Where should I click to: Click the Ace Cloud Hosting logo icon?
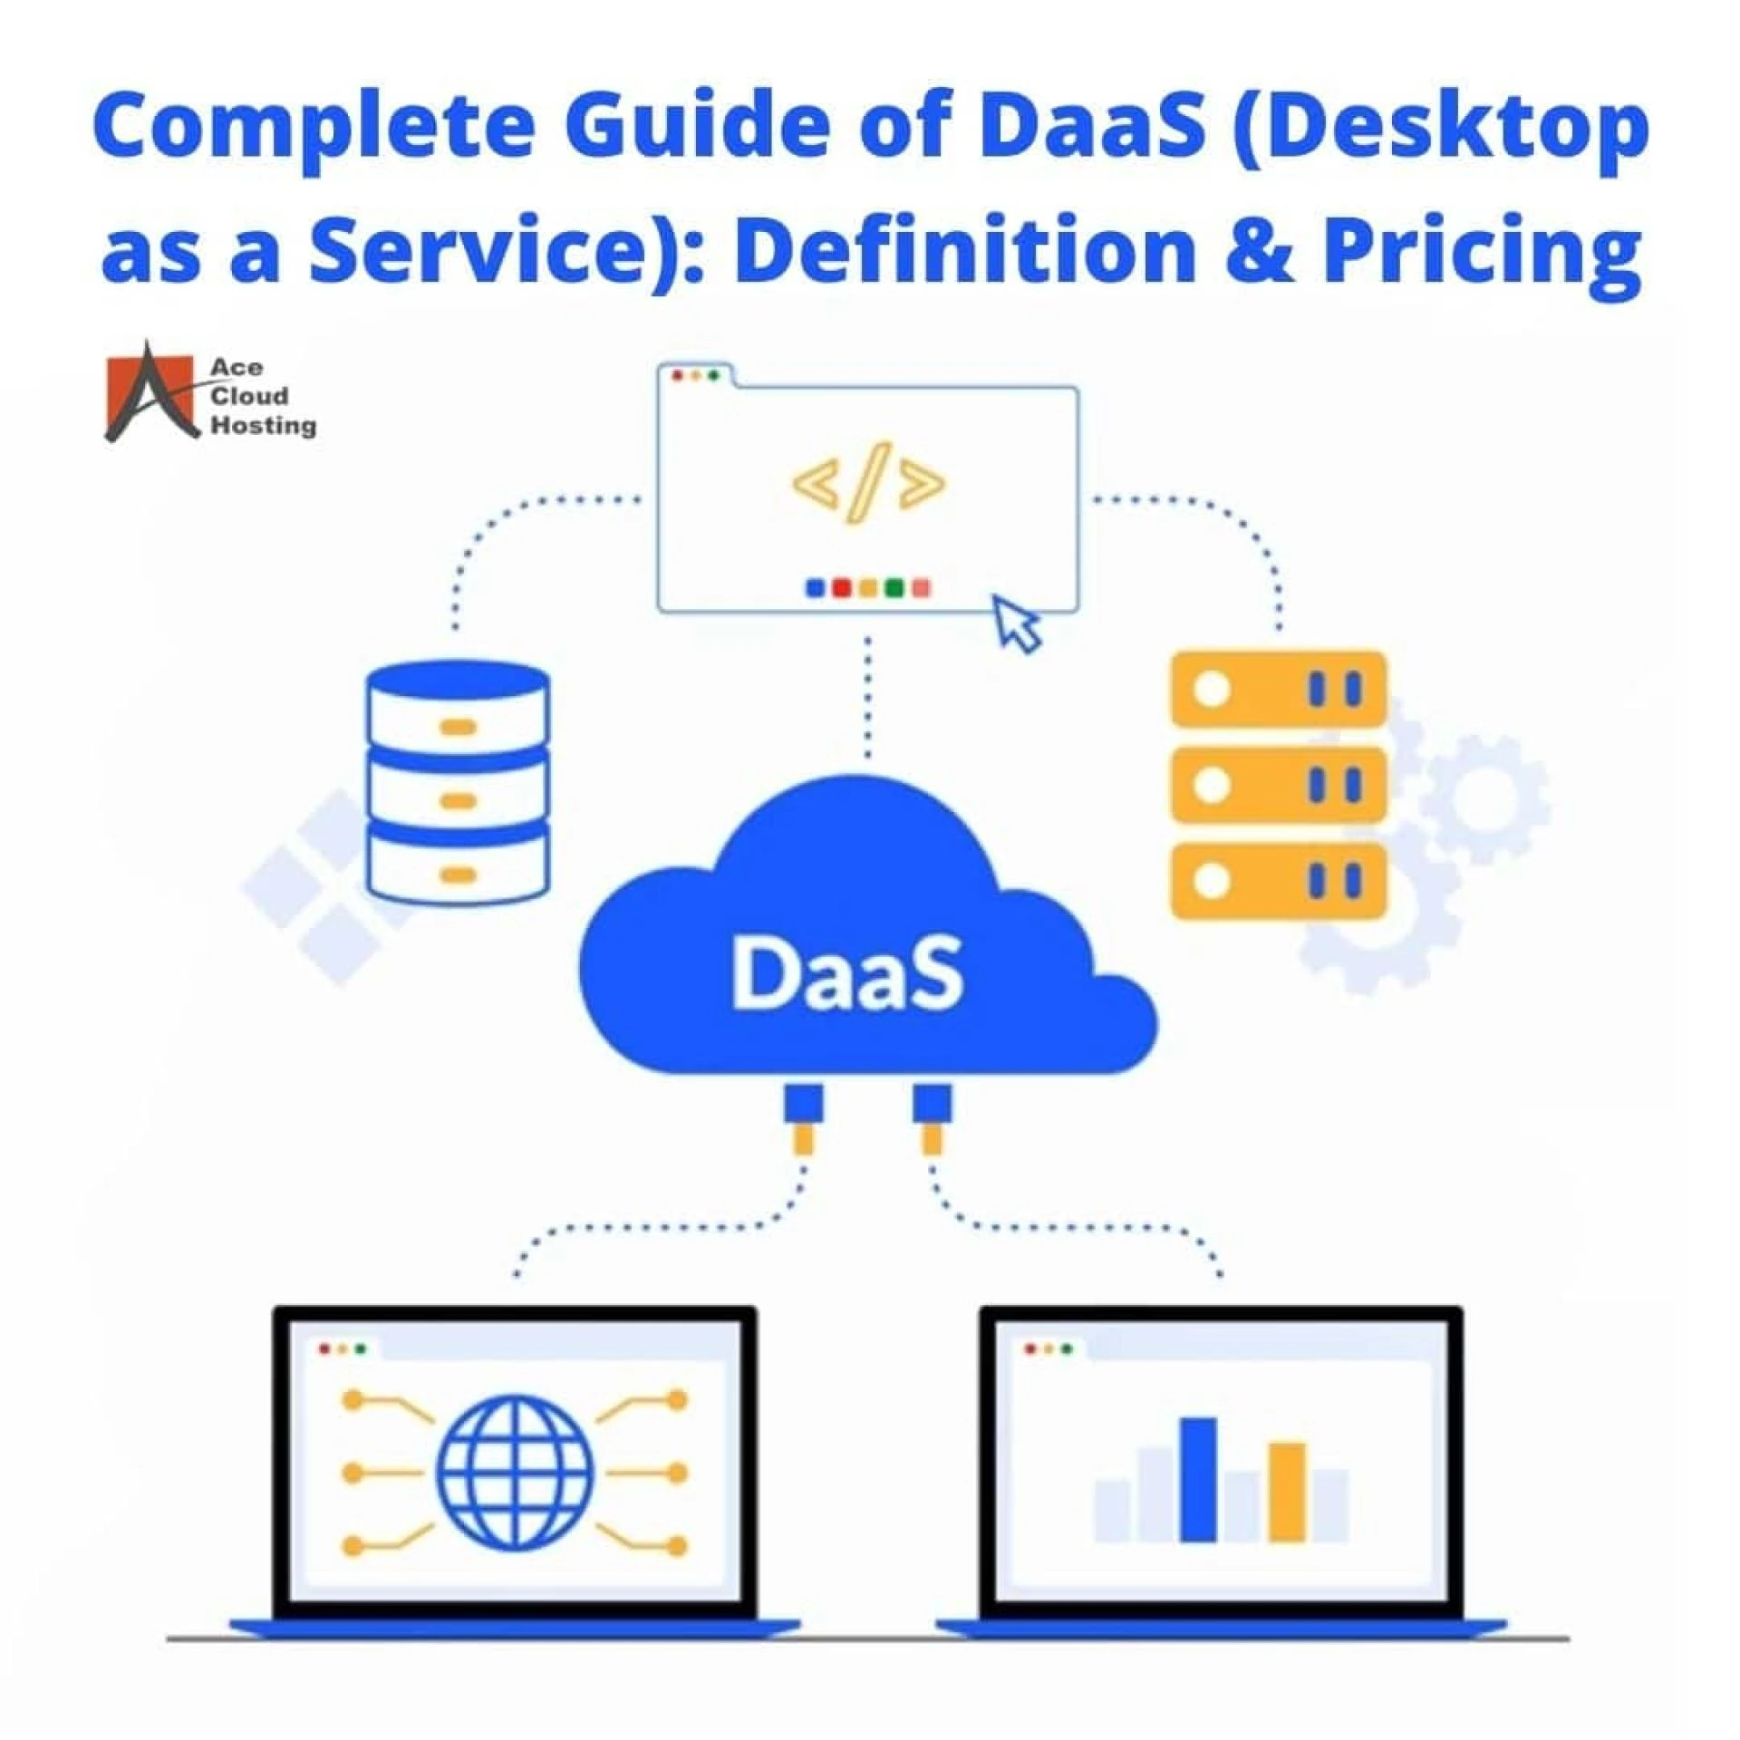[x=150, y=391]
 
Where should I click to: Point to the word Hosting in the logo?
[x=264, y=425]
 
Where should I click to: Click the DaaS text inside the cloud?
[x=847, y=974]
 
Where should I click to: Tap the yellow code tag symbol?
[x=868, y=483]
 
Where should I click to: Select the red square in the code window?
[x=841, y=588]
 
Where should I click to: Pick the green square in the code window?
[x=894, y=588]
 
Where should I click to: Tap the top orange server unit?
[x=1279, y=689]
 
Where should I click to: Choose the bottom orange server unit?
[x=1279, y=881]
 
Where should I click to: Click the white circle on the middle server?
[x=1212, y=785]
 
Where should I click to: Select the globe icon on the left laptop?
[x=516, y=1473]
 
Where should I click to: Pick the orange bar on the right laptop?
[x=1286, y=1492]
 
